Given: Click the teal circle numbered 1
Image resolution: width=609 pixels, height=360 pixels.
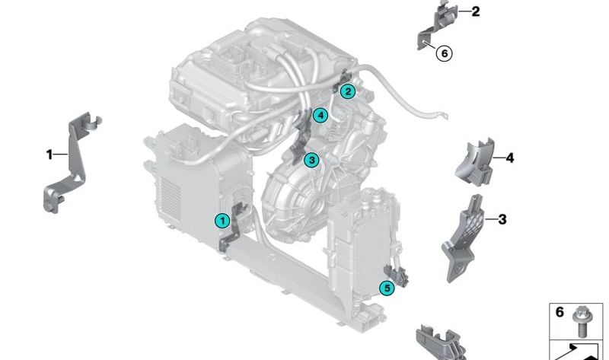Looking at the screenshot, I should (222, 221).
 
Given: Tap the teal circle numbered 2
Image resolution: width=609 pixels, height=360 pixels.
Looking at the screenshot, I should (347, 92).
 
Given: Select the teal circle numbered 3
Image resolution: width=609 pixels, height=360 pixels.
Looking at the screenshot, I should (311, 160).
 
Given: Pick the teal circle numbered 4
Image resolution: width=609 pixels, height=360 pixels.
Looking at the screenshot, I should (320, 116).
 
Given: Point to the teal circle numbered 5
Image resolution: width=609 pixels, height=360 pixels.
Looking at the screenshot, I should (387, 288).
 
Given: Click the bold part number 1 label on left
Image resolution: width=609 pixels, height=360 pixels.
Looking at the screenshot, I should (49, 155).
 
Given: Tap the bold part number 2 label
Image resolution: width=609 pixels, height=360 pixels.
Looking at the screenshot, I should (476, 11).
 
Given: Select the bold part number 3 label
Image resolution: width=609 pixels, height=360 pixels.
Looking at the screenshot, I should (502, 220).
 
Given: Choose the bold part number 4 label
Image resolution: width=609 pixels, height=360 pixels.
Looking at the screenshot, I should (509, 158).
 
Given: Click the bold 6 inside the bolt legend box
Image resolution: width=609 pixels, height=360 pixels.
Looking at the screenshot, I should (559, 313).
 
